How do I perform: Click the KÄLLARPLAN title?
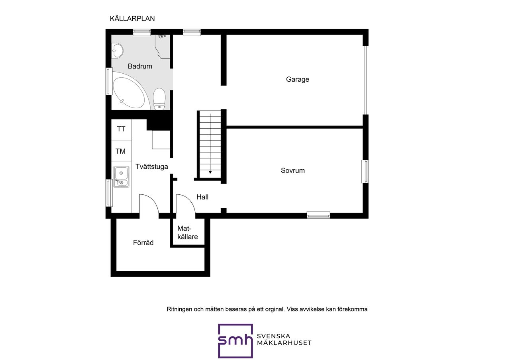tap(132, 18)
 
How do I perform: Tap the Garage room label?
tap(298, 79)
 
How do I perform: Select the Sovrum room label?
tap(292, 170)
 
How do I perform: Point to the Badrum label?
tap(140, 66)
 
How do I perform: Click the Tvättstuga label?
tap(152, 166)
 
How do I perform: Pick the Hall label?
tap(202, 197)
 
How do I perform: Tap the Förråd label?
tap(143, 243)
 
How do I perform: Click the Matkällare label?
tap(188, 233)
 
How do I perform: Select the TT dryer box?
tap(122, 129)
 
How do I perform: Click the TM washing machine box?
tap(122, 151)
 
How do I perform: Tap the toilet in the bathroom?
tap(159, 99)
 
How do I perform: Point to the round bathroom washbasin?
tap(118, 50)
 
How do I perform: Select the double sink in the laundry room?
tap(122, 177)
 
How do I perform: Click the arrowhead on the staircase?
tap(210, 172)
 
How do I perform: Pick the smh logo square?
tap(235, 340)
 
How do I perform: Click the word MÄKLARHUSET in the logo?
tap(284, 343)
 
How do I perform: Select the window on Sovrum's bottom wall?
tap(318, 215)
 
